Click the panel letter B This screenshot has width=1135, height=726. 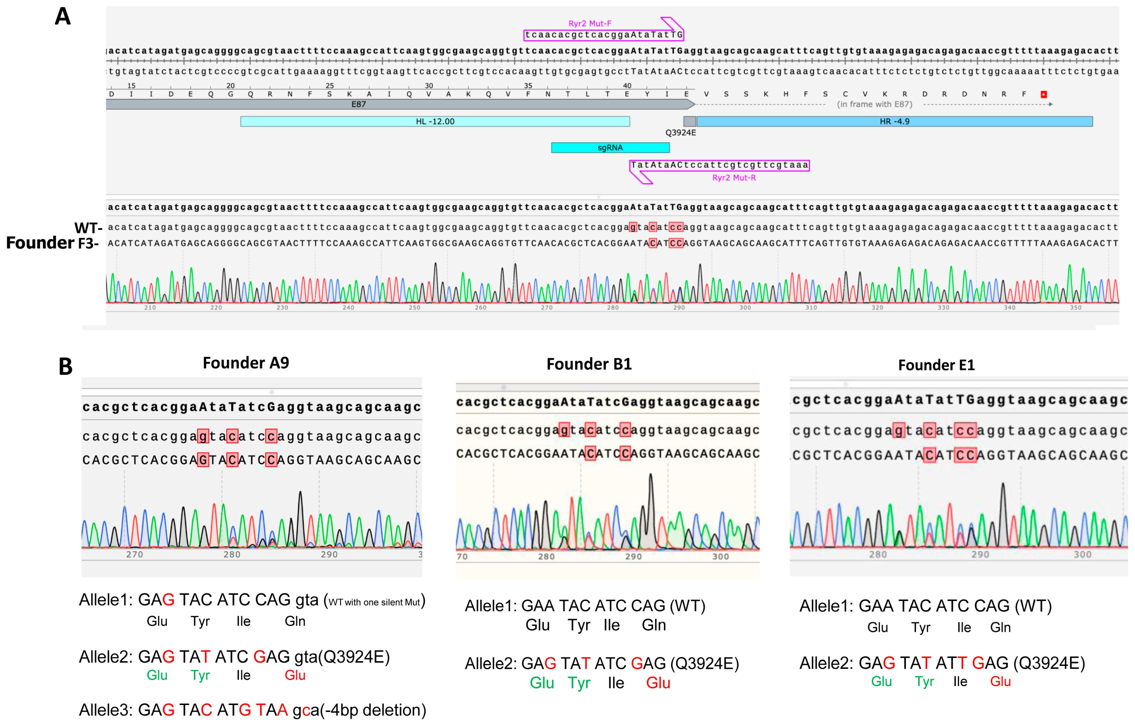[x=66, y=366]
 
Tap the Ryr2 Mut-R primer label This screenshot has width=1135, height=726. [x=734, y=178]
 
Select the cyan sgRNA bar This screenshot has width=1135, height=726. [x=610, y=148]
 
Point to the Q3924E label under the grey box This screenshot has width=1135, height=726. [x=680, y=132]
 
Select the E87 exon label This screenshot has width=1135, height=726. [x=358, y=104]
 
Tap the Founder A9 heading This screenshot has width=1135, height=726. [x=246, y=363]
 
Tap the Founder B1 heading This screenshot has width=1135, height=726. [x=589, y=364]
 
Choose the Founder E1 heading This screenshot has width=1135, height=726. [x=936, y=365]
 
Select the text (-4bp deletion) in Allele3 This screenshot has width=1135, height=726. [x=373, y=710]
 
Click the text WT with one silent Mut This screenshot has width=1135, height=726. [x=374, y=603]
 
